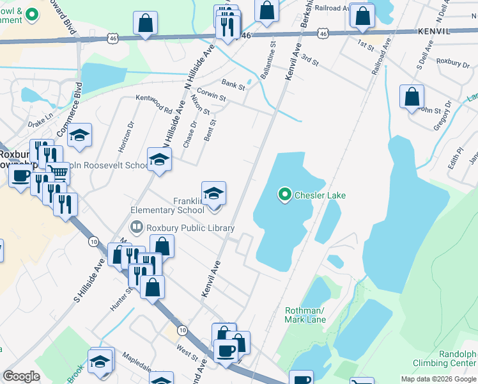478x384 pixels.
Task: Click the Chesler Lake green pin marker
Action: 284,194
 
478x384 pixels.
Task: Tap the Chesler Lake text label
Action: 316,195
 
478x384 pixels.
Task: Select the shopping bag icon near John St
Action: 412,97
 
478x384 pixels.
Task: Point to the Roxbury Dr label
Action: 452,61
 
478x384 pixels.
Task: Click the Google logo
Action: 21,376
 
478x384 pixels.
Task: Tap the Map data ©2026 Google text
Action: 438,379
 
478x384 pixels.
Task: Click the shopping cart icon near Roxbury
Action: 58,172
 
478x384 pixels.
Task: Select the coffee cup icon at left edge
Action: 20,177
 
